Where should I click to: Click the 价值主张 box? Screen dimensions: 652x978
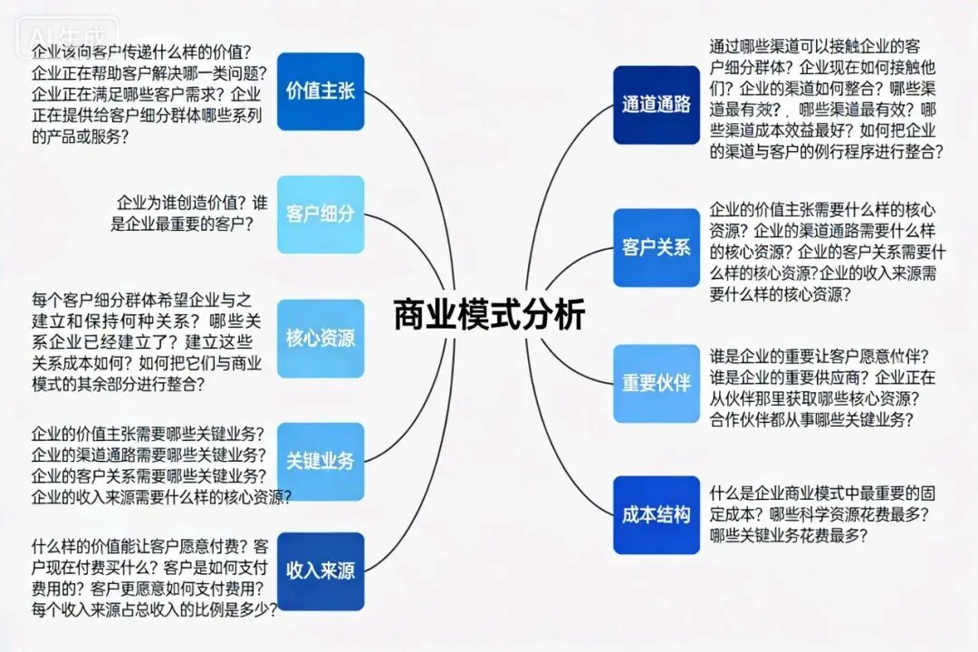(x=320, y=91)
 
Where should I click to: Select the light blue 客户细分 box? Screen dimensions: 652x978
(x=320, y=215)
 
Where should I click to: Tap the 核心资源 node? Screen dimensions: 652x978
(x=320, y=339)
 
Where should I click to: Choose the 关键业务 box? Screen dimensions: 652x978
(x=320, y=461)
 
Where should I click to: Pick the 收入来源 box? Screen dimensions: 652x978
(x=320, y=570)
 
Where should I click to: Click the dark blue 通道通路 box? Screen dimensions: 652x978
(x=657, y=104)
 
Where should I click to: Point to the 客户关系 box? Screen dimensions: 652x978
(x=657, y=247)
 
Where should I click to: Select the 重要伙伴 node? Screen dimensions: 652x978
(x=657, y=383)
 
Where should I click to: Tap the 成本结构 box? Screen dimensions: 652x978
(x=657, y=514)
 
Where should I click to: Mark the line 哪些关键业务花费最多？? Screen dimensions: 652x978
(x=788, y=535)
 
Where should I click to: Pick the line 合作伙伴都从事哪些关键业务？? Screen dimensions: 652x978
(x=811, y=419)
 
